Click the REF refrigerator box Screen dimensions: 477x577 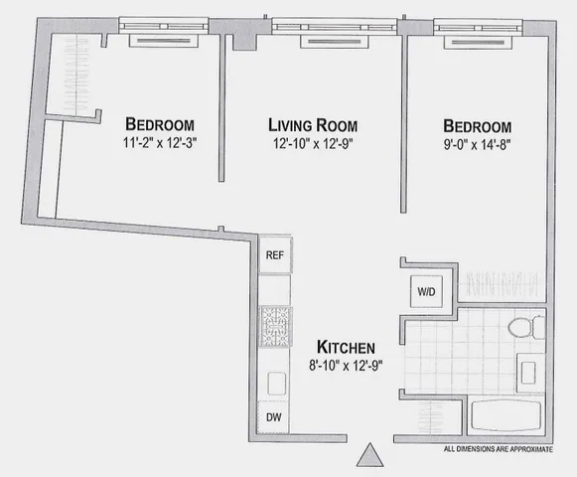274,255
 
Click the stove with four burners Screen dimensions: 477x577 274,325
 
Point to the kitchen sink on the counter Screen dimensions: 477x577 274,382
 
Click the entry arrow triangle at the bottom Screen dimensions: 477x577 369,457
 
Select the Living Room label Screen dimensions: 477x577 313,126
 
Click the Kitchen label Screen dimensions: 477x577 346,347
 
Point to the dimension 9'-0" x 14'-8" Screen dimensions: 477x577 478,144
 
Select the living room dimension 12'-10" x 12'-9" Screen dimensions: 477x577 313,144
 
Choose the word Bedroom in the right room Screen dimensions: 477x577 478,126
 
